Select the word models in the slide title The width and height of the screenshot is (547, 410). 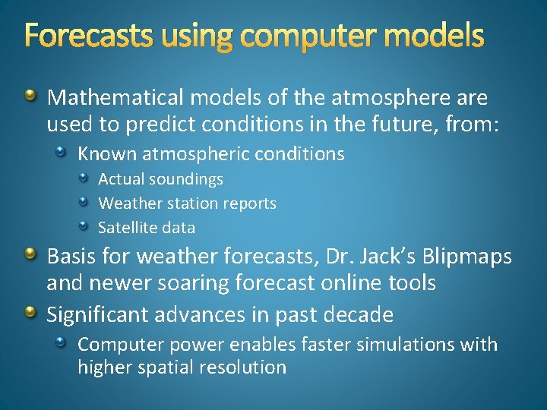[438, 35]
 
